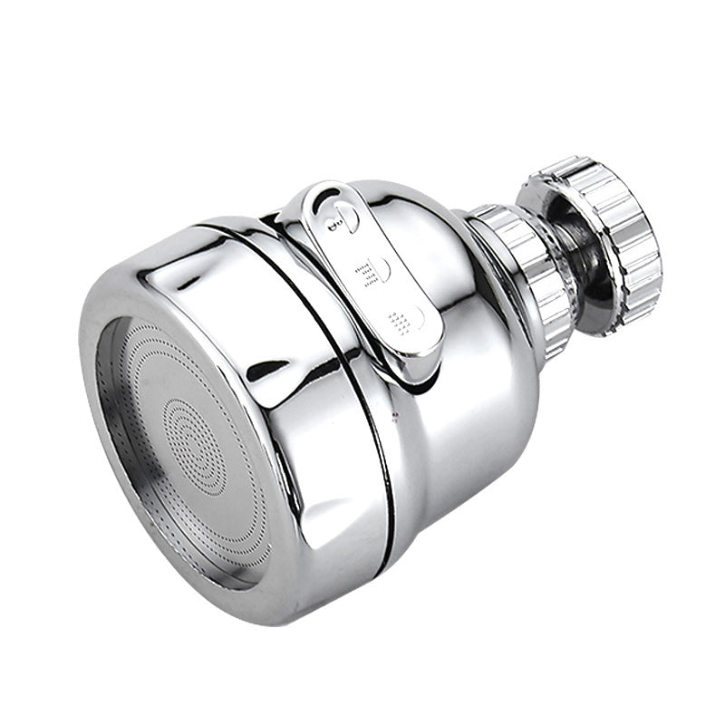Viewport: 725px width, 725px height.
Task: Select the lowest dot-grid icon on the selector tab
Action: (401, 319)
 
